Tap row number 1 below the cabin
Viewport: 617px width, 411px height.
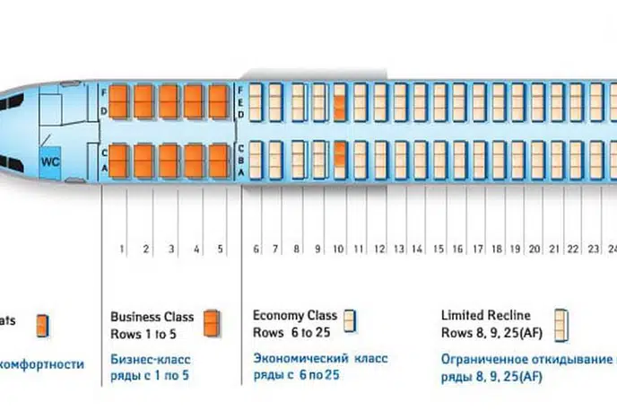pos(121,248)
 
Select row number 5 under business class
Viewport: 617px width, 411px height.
pos(220,248)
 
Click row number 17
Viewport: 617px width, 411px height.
pos(476,248)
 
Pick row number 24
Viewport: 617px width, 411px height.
pos(613,248)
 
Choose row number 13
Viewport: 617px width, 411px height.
pos(397,248)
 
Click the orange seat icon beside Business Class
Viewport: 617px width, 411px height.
pos(212,322)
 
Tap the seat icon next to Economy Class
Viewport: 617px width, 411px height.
pos(351,320)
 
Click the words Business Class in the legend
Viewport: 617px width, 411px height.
pos(152,317)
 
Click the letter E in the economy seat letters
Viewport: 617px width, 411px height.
pos(240,103)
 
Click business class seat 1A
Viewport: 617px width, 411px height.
pos(121,169)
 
